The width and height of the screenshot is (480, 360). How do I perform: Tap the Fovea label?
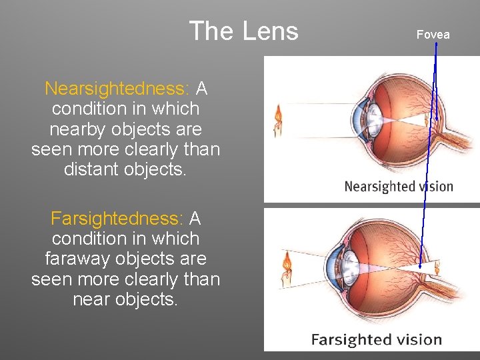[x=433, y=35]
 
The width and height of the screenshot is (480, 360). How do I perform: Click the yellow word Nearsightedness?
[x=117, y=89]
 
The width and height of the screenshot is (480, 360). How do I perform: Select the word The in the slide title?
[x=209, y=31]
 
